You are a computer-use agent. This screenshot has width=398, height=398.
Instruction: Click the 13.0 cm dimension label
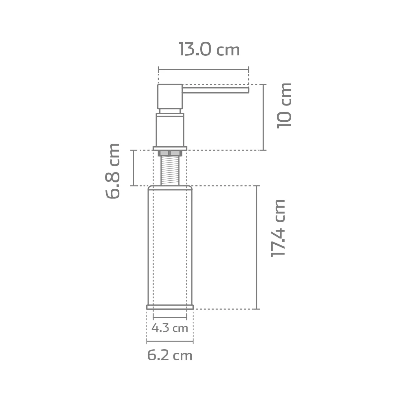click(x=209, y=49)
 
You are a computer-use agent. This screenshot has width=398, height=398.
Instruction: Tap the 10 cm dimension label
click(x=284, y=106)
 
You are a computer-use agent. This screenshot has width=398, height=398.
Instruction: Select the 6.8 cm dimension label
click(x=112, y=171)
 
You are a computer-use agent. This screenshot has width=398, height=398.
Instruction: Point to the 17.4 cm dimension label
click(x=278, y=229)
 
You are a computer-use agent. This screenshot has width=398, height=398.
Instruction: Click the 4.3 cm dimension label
click(x=170, y=328)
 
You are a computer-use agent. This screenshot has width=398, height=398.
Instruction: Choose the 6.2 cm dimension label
click(x=170, y=356)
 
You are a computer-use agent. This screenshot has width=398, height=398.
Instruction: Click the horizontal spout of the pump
click(x=216, y=90)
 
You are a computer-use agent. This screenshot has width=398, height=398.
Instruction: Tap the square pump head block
click(x=170, y=97)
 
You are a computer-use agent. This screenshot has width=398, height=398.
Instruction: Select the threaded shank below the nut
click(x=170, y=171)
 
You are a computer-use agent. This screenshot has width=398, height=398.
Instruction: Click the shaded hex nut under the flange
click(x=170, y=153)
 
